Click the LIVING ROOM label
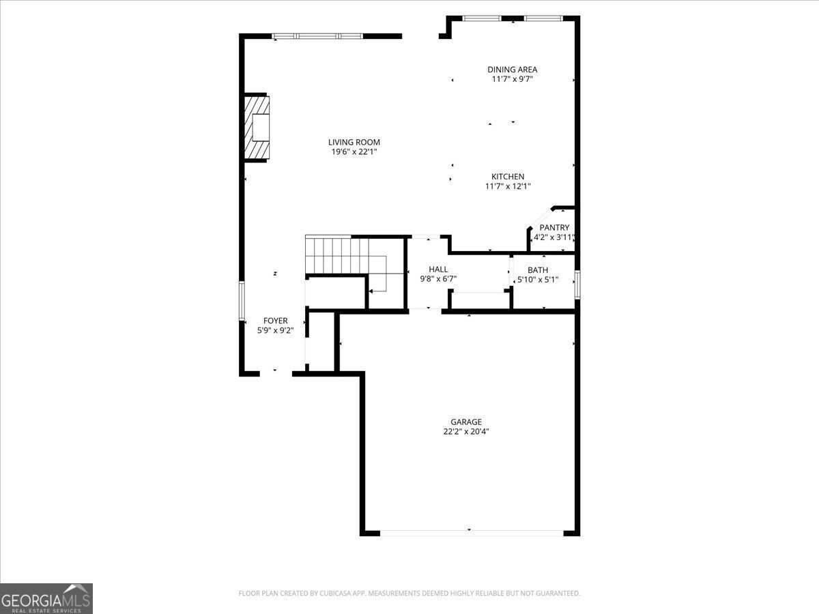click(x=354, y=143)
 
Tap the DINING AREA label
click(x=512, y=70)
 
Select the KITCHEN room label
click(x=508, y=177)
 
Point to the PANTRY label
click(x=554, y=228)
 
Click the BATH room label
click(x=537, y=270)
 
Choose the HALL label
click(x=438, y=269)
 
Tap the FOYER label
click(x=276, y=321)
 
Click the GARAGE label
click(x=465, y=422)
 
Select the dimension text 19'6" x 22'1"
click(x=354, y=152)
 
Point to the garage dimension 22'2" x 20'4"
click(x=465, y=431)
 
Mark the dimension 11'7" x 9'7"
click(x=512, y=79)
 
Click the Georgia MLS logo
click(x=46, y=598)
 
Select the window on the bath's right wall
click(x=577, y=284)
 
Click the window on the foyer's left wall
click(x=242, y=300)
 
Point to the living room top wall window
click(x=317, y=36)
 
